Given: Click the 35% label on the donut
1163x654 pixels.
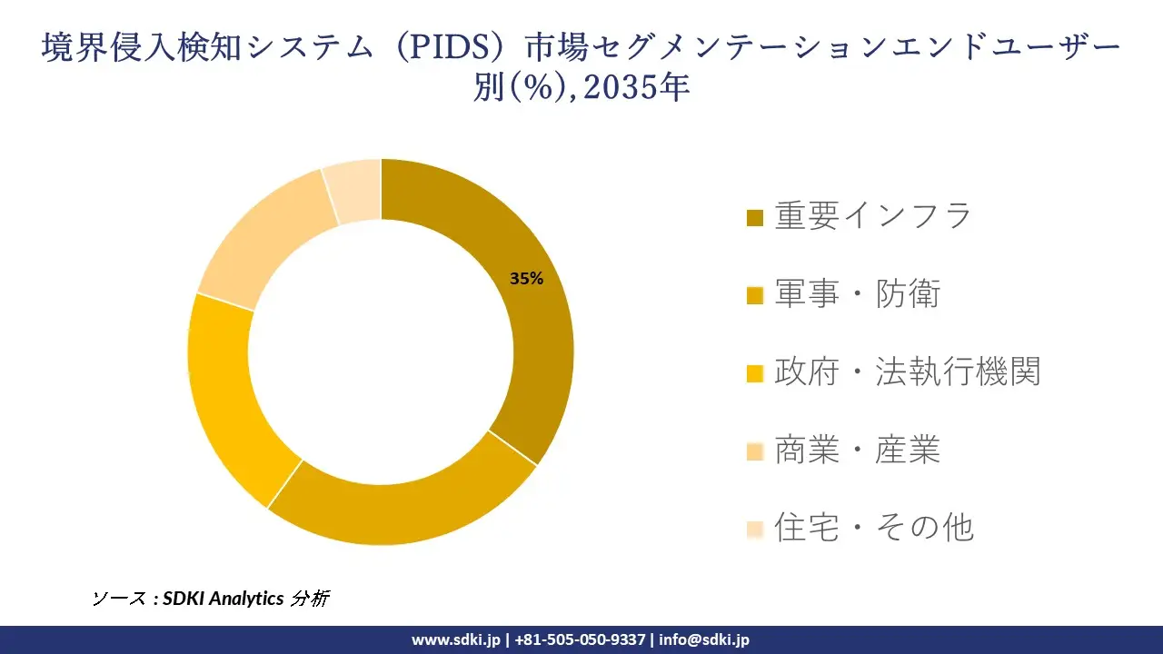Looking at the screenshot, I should [526, 279].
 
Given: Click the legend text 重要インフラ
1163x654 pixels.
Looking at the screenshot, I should [872, 216].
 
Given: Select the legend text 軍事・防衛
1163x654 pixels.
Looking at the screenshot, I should [857, 294].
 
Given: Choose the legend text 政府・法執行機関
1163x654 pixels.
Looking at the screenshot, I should [907, 372].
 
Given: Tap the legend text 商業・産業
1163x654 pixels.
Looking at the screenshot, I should [857, 450].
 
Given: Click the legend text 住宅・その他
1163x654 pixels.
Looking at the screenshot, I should [873, 527].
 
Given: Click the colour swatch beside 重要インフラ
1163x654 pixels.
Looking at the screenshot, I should [754, 218].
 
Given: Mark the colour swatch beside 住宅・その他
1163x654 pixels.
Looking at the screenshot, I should [754, 529].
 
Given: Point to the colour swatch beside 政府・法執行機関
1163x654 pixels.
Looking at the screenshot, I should [754, 373].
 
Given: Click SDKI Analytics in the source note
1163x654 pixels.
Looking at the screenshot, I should [223, 599].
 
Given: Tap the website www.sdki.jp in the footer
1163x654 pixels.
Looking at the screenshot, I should [456, 639].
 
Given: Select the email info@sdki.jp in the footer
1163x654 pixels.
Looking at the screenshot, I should [704, 639].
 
